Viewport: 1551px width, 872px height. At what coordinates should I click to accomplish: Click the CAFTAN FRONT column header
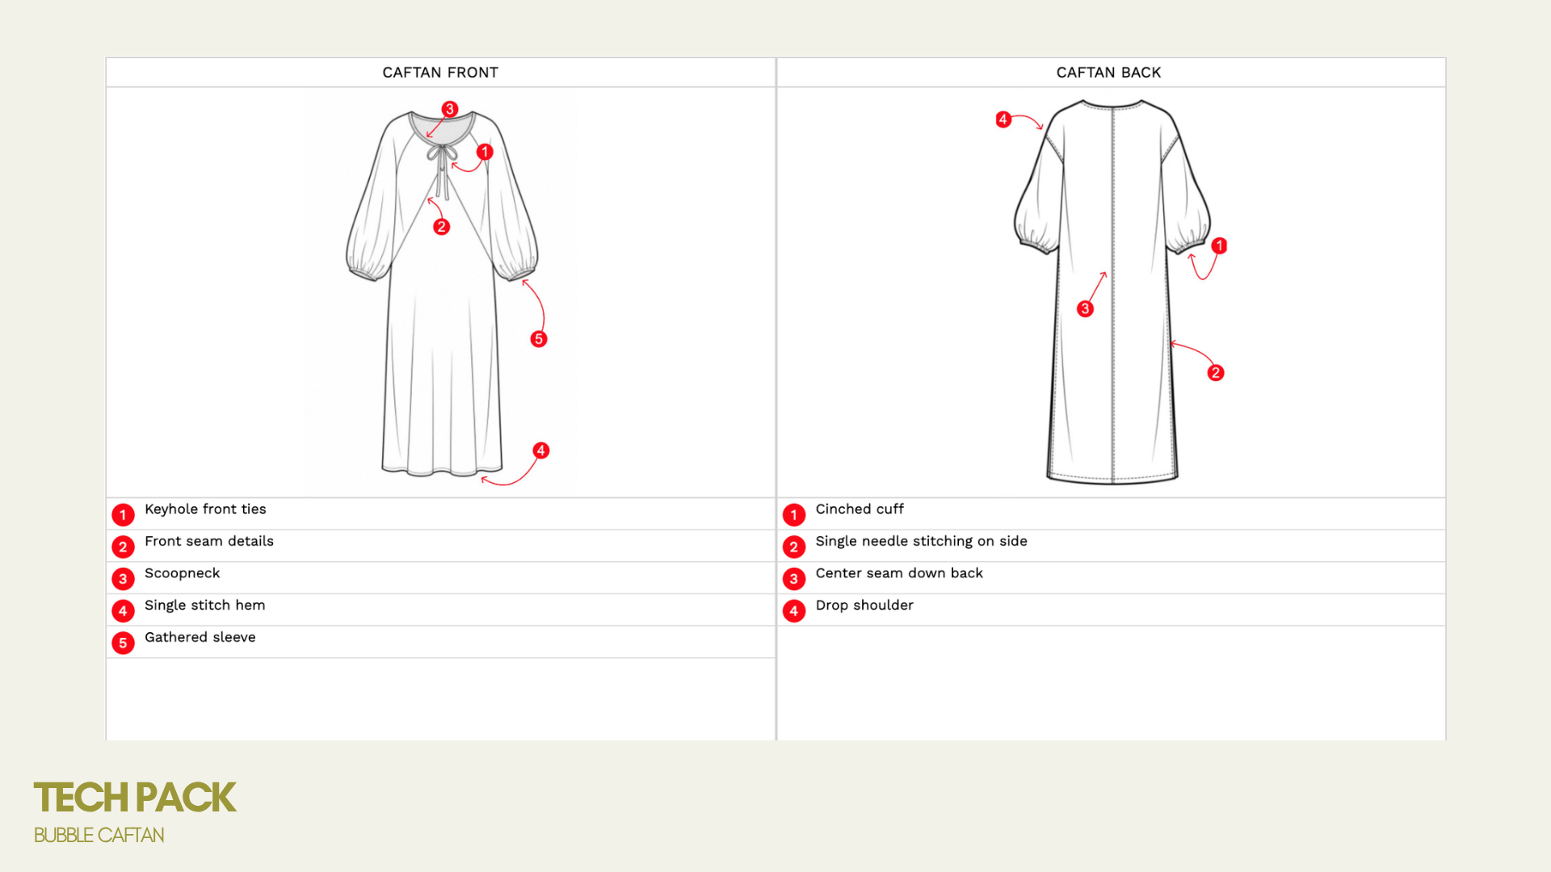click(x=440, y=73)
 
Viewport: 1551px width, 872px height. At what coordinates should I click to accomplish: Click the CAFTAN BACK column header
click(x=1108, y=73)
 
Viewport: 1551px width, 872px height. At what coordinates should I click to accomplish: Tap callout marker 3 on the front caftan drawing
click(x=450, y=109)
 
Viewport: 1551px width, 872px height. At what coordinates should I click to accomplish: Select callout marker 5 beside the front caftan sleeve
click(x=539, y=339)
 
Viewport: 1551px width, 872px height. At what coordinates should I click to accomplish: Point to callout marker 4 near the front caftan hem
click(x=541, y=451)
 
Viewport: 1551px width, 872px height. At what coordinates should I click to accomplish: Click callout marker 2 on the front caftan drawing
click(x=441, y=227)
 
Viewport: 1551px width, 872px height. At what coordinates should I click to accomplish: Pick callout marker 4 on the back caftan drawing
click(x=1003, y=119)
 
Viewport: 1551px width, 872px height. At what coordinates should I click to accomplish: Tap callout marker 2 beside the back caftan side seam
click(x=1216, y=373)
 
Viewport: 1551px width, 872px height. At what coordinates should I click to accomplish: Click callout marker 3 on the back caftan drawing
click(x=1086, y=308)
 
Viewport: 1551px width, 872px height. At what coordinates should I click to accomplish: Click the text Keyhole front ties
click(x=205, y=509)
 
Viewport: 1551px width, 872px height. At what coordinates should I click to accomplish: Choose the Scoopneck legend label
click(x=182, y=573)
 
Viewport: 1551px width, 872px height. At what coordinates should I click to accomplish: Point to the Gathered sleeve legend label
click(x=200, y=637)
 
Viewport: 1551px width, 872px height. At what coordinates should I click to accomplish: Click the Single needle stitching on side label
click(x=921, y=541)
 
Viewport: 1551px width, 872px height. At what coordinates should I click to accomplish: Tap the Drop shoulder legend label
click(x=864, y=606)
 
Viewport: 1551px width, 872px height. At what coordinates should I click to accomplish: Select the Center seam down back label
click(x=899, y=573)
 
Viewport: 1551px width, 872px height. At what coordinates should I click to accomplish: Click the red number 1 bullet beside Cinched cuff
click(x=794, y=514)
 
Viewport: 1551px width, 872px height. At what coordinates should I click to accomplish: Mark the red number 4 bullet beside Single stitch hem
click(x=123, y=611)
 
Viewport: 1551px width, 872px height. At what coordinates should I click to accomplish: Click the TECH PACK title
click(x=135, y=798)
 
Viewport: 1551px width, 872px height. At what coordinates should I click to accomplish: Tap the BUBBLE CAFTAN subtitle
click(x=99, y=836)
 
